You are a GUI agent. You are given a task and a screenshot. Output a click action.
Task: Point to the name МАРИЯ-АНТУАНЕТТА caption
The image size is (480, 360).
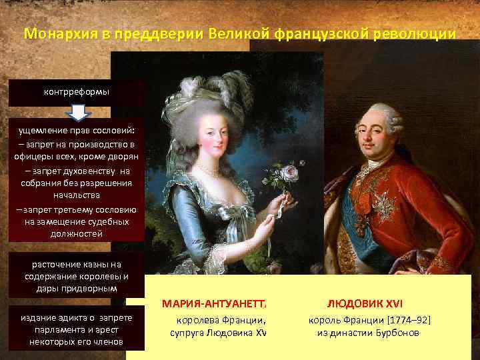coord(214,304)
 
